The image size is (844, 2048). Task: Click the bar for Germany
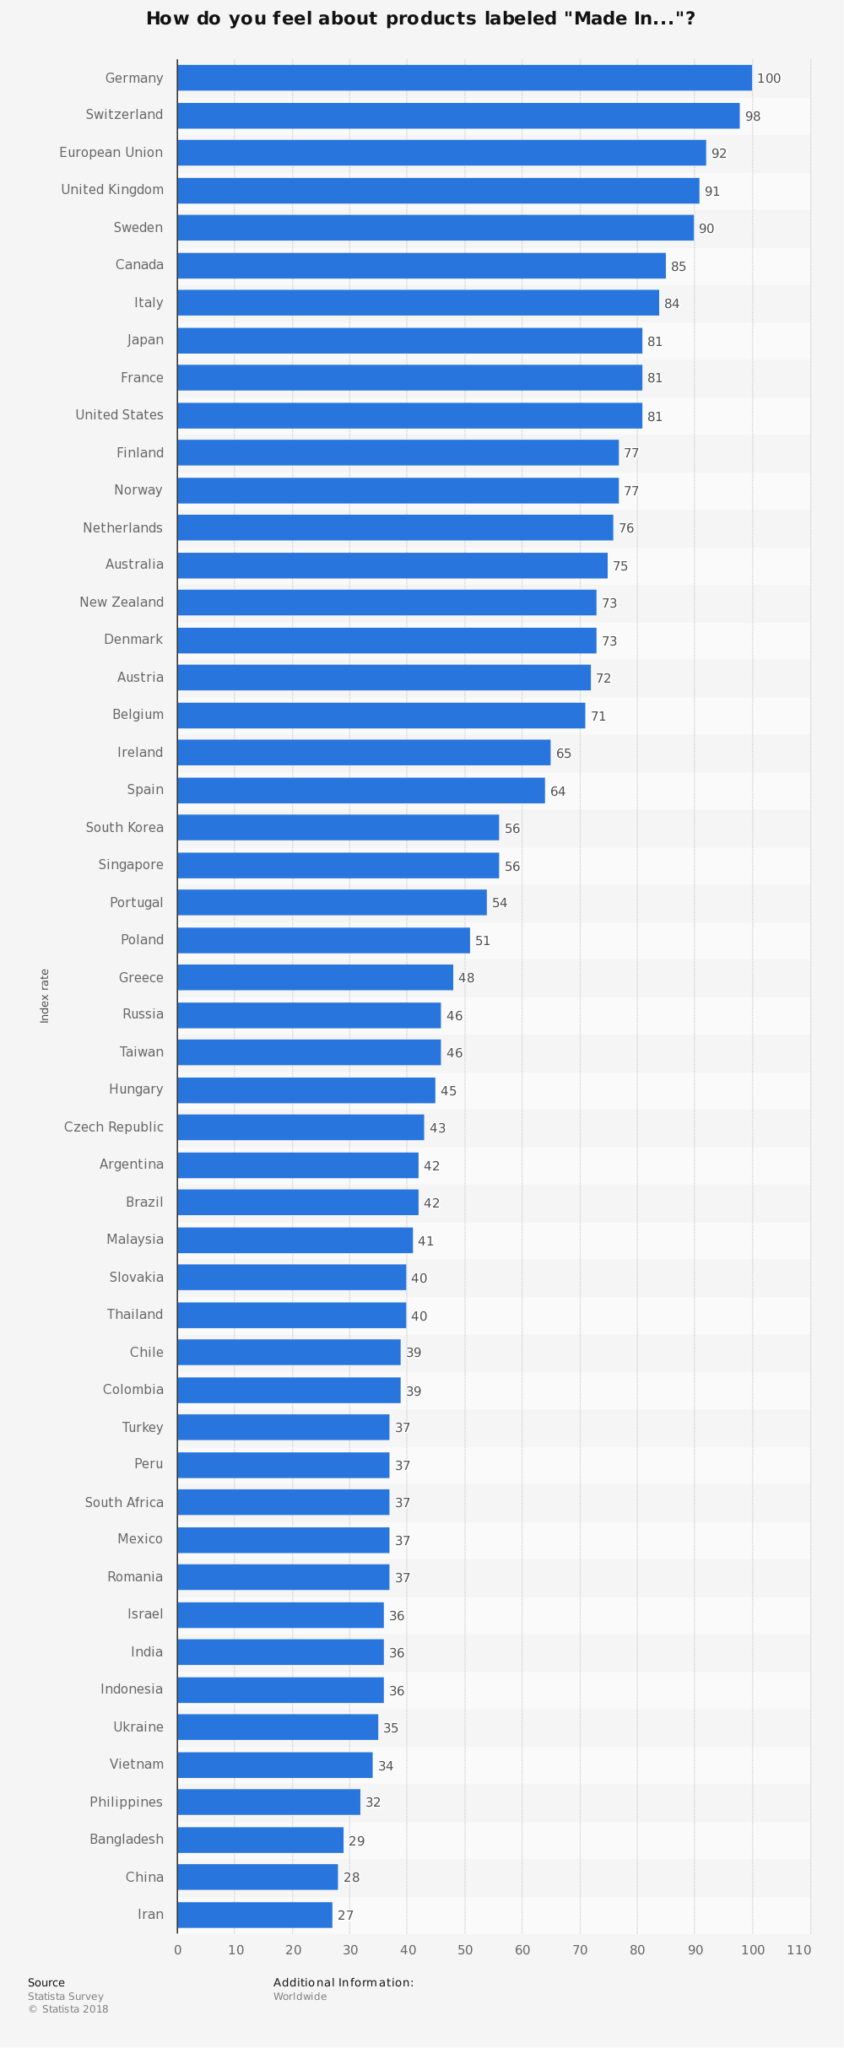pyautogui.click(x=464, y=78)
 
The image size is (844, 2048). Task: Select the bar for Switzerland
pyautogui.click(x=458, y=116)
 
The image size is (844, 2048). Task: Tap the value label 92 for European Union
pyautogui.click(x=719, y=154)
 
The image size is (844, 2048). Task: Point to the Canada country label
pyautogui.click(x=140, y=265)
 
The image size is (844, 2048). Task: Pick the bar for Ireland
pyautogui.click(x=364, y=753)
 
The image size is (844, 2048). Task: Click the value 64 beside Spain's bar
pyautogui.click(x=558, y=792)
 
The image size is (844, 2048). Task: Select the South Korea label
pyautogui.click(x=125, y=828)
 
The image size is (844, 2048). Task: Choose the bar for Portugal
pyautogui.click(x=332, y=903)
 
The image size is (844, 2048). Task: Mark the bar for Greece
pyautogui.click(x=315, y=978)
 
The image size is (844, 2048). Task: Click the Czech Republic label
pyautogui.click(x=114, y=1127)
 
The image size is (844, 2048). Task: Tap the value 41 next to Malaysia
pyautogui.click(x=426, y=1241)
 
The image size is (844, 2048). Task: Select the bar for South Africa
pyautogui.click(x=284, y=1503)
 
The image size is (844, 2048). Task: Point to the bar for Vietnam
pyautogui.click(x=275, y=1765)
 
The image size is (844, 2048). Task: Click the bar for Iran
pyautogui.click(x=255, y=1916)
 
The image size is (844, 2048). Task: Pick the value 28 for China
pyautogui.click(x=352, y=1878)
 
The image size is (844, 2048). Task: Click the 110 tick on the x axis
pyautogui.click(x=799, y=1950)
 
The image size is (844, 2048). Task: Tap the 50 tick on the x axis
pyautogui.click(x=465, y=1950)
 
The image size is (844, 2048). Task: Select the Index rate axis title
pyautogui.click(x=46, y=996)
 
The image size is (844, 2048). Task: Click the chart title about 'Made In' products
pyautogui.click(x=421, y=19)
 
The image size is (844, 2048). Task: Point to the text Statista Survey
pyautogui.click(x=66, y=1997)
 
